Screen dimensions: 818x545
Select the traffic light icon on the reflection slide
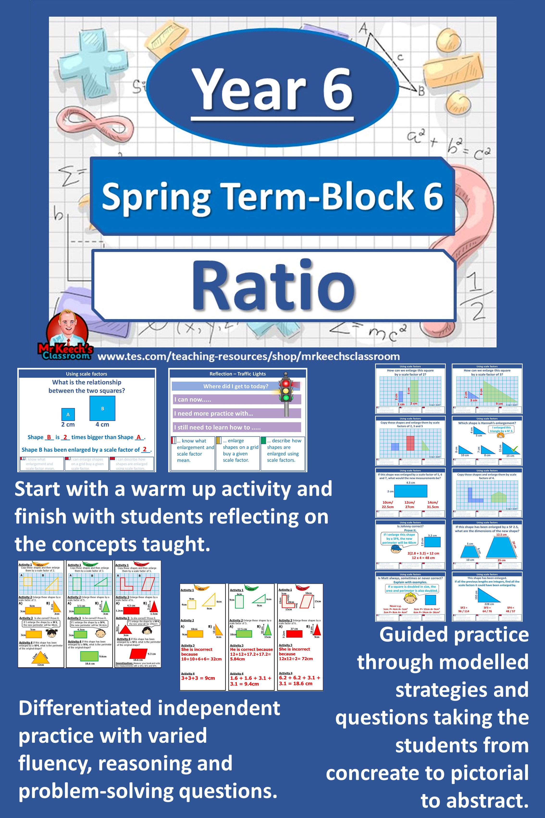(286, 393)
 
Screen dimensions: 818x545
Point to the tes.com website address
(248, 357)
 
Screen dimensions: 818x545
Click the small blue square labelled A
(68, 414)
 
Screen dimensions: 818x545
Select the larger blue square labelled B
(103, 408)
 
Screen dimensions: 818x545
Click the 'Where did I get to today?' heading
(236, 386)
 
